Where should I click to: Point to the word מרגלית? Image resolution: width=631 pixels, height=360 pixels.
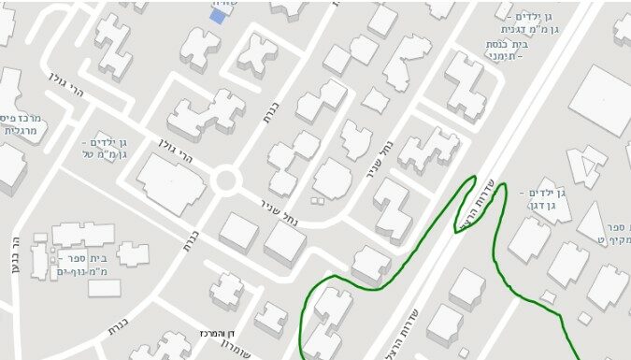click(20, 132)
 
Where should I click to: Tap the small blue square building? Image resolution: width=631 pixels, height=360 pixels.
click(218, 15)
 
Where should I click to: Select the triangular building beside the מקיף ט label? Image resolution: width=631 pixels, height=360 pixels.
click(592, 222)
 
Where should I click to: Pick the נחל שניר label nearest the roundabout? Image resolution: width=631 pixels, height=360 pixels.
click(280, 208)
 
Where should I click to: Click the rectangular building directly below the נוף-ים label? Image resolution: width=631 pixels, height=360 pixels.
click(105, 288)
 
